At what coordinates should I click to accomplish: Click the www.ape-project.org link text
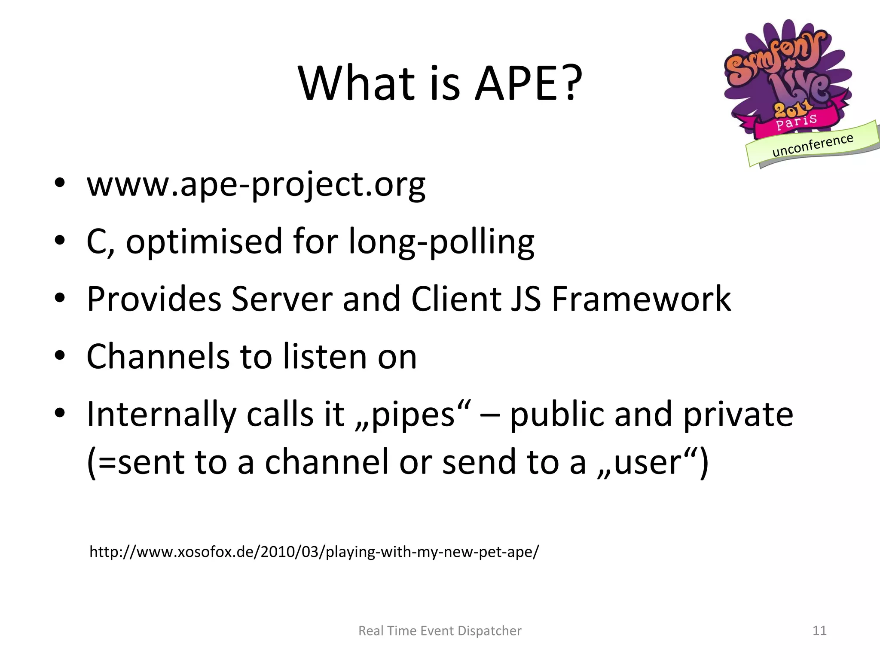pyautogui.click(x=256, y=185)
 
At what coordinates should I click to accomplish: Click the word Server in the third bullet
pyautogui.click(x=282, y=299)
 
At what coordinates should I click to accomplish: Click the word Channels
pyautogui.click(x=158, y=357)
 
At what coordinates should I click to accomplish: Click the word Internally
pyautogui.click(x=161, y=415)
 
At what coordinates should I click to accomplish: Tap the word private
pyautogui.click(x=738, y=415)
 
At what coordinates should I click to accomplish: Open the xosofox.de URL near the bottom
pyautogui.click(x=314, y=552)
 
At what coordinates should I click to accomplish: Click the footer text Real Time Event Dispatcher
pyautogui.click(x=440, y=631)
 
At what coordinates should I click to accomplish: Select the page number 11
pyautogui.click(x=819, y=631)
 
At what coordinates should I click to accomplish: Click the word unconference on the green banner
pyautogui.click(x=813, y=145)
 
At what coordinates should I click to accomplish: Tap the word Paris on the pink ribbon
pyautogui.click(x=796, y=122)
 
